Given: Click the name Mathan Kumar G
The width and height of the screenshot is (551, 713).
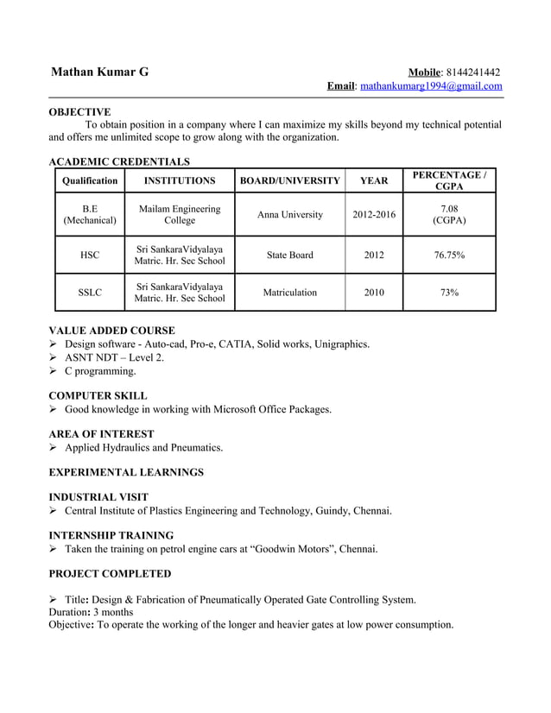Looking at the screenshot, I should coord(99,73).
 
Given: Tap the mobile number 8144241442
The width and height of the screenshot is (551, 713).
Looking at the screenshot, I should coord(472,72).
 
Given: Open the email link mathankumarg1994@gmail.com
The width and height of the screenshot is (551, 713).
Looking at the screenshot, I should coord(430,86).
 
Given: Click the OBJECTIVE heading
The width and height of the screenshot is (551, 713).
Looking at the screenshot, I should coord(79,112).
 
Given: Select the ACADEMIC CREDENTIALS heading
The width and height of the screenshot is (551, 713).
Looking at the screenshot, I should coord(119,161).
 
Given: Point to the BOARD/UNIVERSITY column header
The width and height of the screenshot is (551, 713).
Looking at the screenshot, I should coord(289,181).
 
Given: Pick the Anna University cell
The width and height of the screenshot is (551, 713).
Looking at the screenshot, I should coord(290,215).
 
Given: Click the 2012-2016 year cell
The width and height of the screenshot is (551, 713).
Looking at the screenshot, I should coord(374,215).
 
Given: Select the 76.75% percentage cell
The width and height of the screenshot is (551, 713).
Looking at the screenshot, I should coord(448,256).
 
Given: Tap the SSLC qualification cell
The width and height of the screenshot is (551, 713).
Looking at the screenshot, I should coord(90,293).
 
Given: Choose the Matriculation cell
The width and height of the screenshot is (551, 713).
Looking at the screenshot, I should coord(290,293).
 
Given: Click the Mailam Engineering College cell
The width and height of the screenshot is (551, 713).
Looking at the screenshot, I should coord(180,215).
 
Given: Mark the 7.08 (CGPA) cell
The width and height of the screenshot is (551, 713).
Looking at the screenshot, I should coord(448,215).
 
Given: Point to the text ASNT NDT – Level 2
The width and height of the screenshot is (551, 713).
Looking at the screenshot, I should coord(114,357).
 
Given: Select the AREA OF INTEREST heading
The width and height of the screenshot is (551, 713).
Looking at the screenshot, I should coord(102,434).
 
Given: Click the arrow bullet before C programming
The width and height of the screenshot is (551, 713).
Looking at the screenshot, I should coord(54,371).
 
